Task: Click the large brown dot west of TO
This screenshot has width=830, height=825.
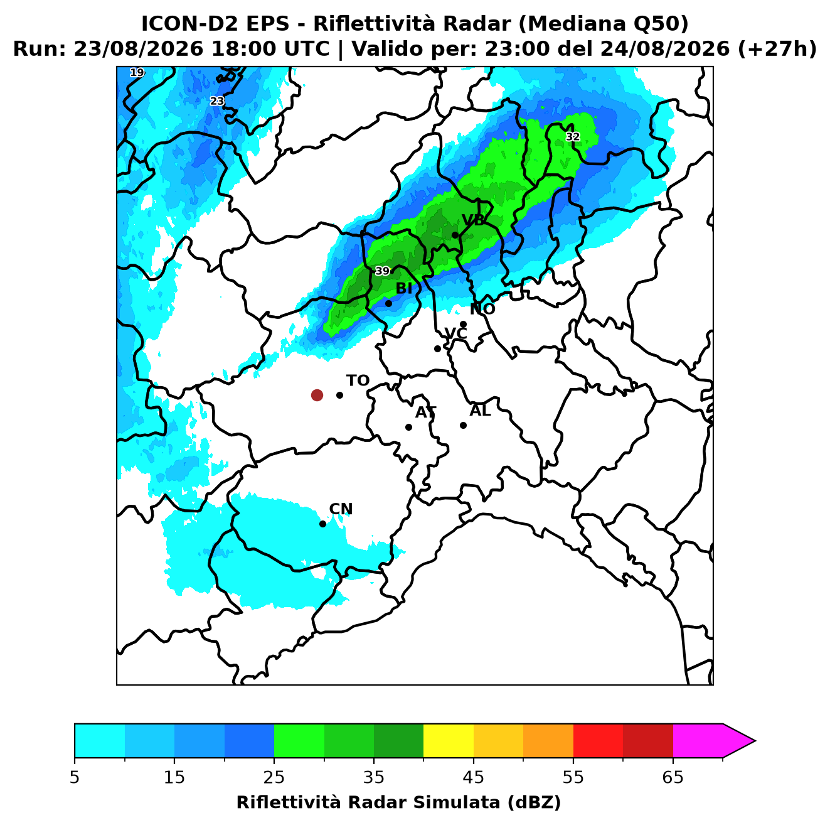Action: (317, 394)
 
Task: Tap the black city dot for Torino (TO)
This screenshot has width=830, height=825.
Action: (339, 394)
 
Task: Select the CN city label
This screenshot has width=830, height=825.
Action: (341, 509)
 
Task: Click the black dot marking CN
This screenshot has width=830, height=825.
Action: (322, 524)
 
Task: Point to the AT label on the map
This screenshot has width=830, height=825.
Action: (425, 412)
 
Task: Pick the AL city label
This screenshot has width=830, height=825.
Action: (480, 410)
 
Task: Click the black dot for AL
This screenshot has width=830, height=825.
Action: (463, 425)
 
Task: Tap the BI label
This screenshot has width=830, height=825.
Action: (403, 288)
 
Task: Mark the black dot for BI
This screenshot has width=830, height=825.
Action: (388, 303)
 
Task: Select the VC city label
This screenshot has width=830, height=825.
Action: (455, 333)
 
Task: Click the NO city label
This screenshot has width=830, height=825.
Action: (482, 308)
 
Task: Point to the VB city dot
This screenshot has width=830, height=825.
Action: (455, 235)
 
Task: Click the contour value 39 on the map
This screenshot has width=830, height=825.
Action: (382, 271)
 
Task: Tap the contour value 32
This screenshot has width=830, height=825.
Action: (572, 137)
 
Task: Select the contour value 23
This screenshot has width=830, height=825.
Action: (216, 101)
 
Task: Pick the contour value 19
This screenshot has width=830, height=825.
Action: (137, 72)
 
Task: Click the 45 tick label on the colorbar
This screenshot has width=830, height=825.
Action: (473, 777)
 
